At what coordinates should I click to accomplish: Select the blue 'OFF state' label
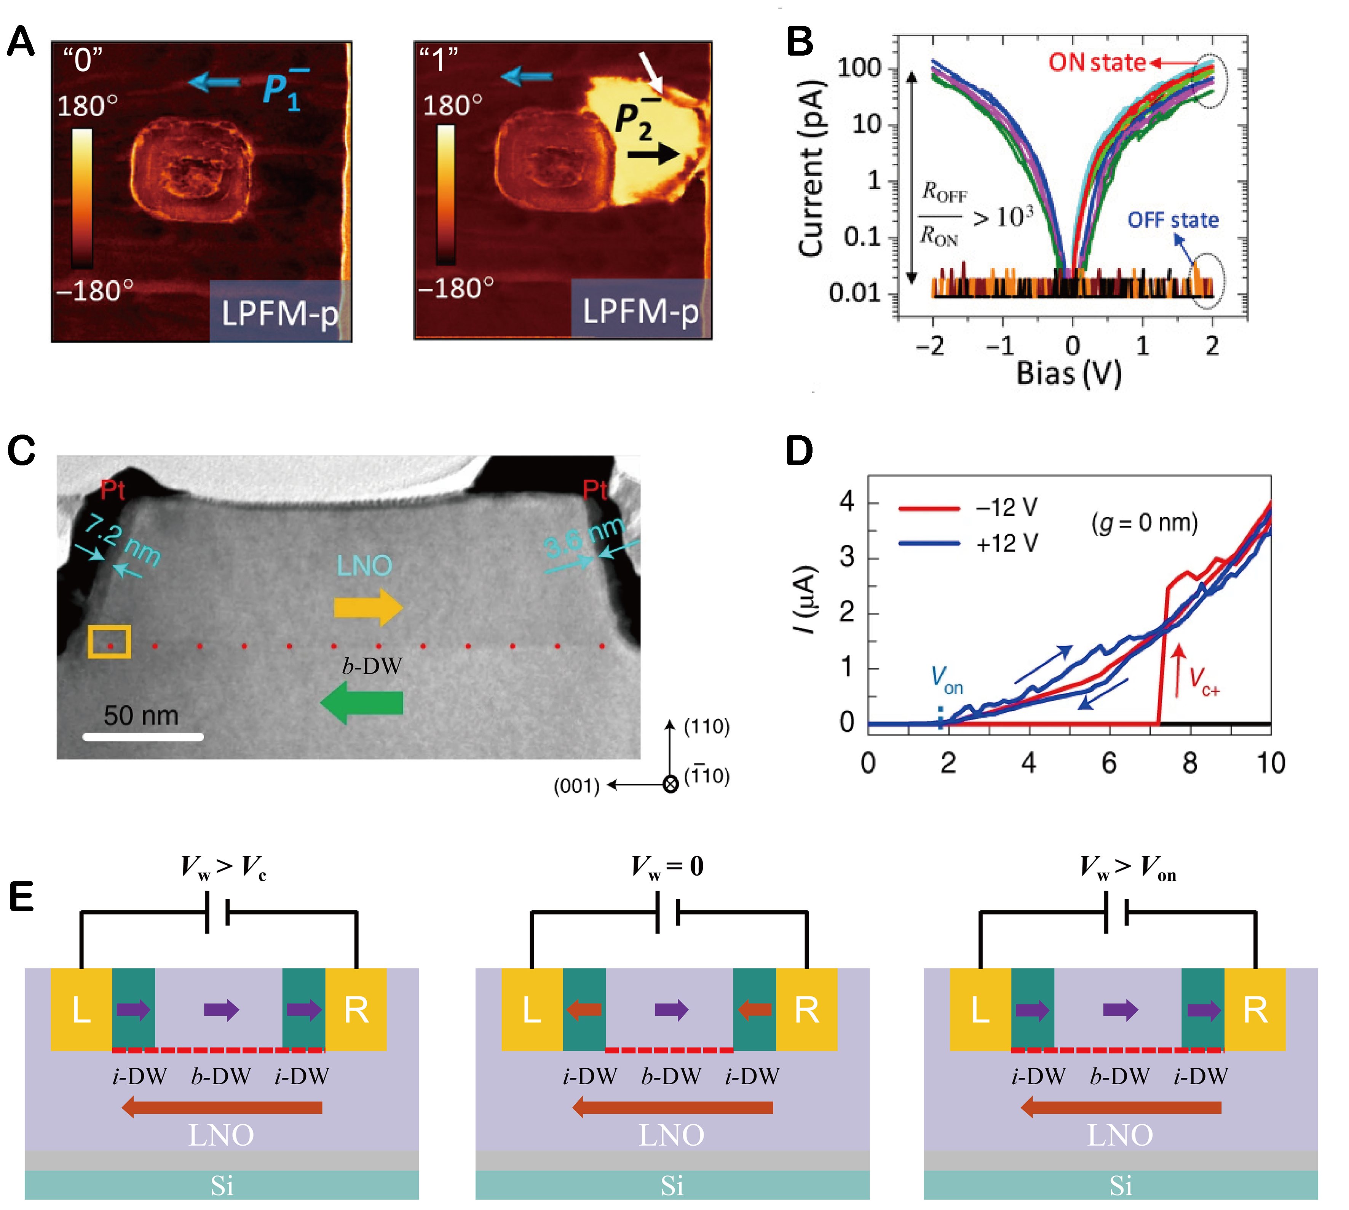click(1173, 220)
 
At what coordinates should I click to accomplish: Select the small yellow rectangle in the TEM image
click(110, 642)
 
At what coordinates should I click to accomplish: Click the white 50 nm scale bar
click(143, 736)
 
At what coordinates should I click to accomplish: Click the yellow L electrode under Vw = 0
click(532, 1010)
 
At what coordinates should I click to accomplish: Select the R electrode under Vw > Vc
click(356, 1010)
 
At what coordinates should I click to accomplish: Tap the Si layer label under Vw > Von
click(1121, 1185)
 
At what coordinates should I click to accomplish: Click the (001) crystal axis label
click(576, 786)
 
